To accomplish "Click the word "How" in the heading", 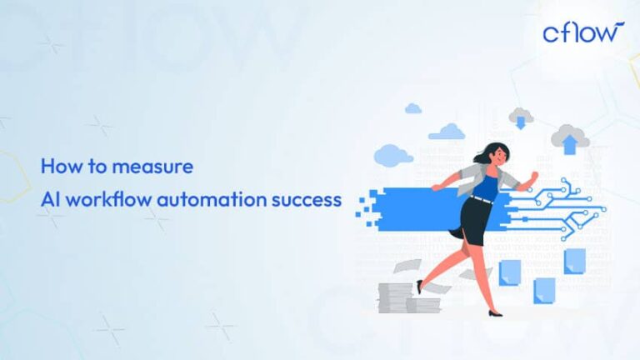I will point(58,166).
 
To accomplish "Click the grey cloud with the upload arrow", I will point(570,138).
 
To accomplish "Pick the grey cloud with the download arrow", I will point(521,117).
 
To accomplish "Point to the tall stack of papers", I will point(396,296).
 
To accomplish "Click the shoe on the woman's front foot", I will point(495,312).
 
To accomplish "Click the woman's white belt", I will point(481,200).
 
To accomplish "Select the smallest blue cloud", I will point(412,108).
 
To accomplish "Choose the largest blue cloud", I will point(393,154).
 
